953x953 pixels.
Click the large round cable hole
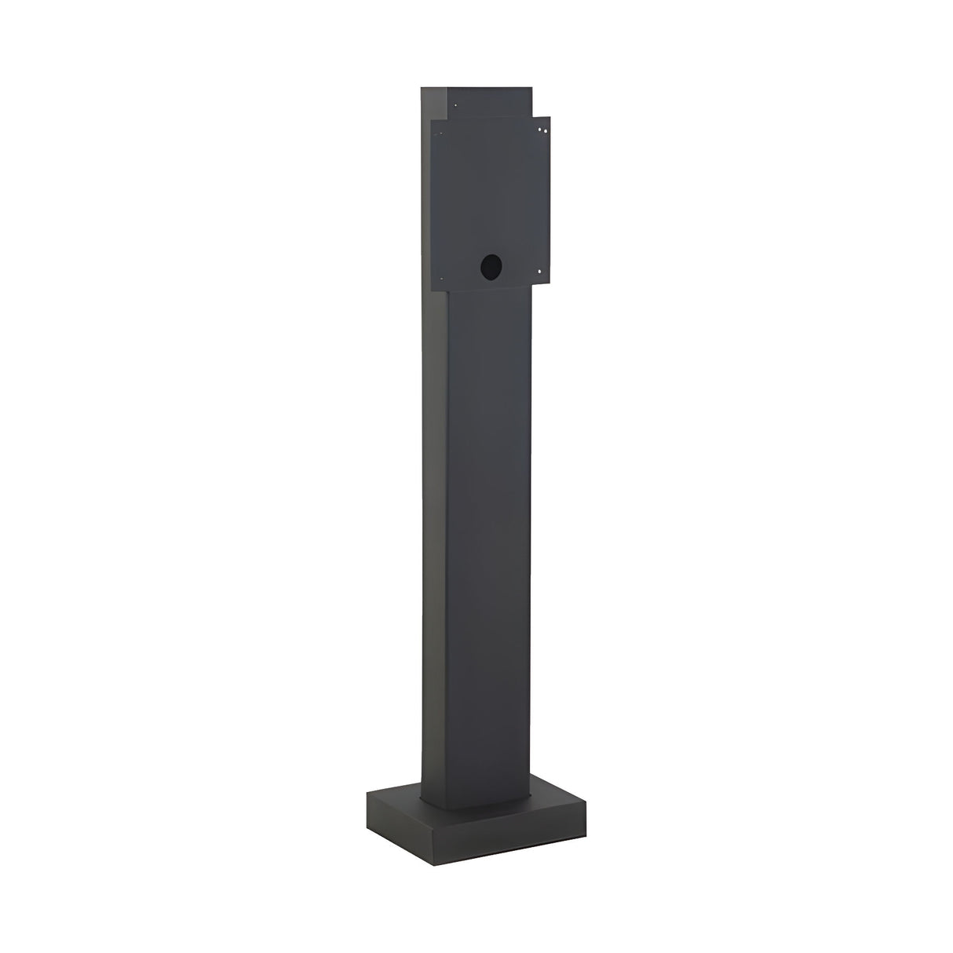[x=491, y=266]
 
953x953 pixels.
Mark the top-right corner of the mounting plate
[x=550, y=117]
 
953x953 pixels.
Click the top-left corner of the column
[x=422, y=87]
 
